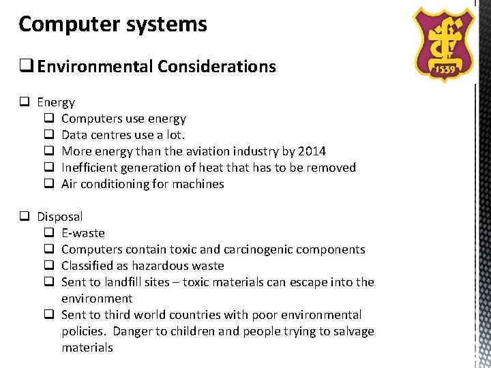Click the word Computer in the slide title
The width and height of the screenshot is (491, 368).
[61, 25]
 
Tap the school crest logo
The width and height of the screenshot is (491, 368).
[445, 44]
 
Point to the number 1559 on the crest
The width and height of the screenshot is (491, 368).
[445, 70]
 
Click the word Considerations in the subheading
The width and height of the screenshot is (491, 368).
[217, 67]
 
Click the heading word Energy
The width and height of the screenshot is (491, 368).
[56, 102]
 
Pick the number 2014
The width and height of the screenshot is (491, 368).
[310, 151]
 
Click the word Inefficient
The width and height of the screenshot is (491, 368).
[89, 168]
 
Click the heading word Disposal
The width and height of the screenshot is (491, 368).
[60, 217]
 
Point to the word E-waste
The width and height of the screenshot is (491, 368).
[83, 233]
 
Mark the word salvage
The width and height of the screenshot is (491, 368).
[350, 331]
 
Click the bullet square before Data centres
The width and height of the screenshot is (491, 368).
[49, 135]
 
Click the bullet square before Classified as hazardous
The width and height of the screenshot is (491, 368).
[49, 266]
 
